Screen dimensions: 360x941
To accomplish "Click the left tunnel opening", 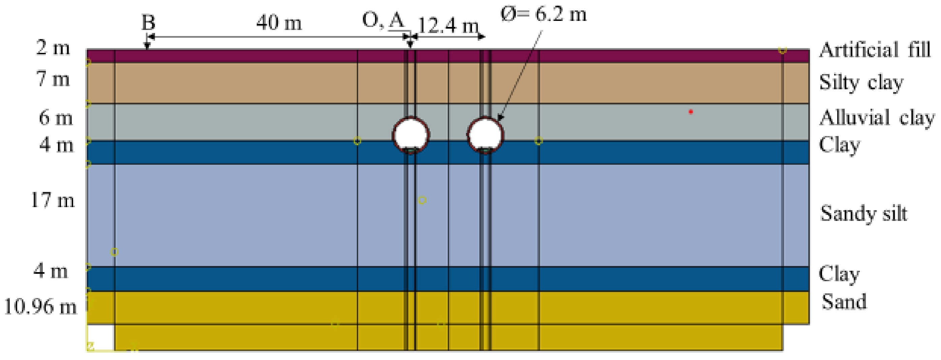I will tap(411, 134).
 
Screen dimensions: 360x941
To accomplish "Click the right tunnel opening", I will tap(485, 134).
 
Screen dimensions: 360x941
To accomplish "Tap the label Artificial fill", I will tap(875, 51).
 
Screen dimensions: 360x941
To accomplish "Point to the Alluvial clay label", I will tap(877, 118).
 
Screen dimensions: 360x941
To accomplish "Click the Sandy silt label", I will tap(864, 214).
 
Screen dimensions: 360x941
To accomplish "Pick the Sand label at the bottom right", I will tap(844, 302).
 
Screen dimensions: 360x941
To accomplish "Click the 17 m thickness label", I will tap(53, 200).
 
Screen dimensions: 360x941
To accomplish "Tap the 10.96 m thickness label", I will tap(40, 307).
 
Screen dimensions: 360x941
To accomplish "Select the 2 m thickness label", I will tap(53, 48).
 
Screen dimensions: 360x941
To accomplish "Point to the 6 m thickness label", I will tap(56, 118).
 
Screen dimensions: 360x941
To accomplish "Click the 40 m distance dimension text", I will tap(279, 23).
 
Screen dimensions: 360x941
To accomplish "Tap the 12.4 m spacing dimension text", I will tap(448, 26).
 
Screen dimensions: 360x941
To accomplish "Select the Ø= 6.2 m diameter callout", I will tap(543, 14).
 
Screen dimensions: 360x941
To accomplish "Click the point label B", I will tap(148, 23).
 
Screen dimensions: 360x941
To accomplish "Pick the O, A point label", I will tap(383, 21).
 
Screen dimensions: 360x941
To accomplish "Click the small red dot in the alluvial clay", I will tap(691, 112).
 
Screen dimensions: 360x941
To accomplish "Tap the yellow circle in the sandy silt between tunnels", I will tap(422, 200).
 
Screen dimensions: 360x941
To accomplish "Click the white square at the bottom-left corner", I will tap(101, 337).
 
